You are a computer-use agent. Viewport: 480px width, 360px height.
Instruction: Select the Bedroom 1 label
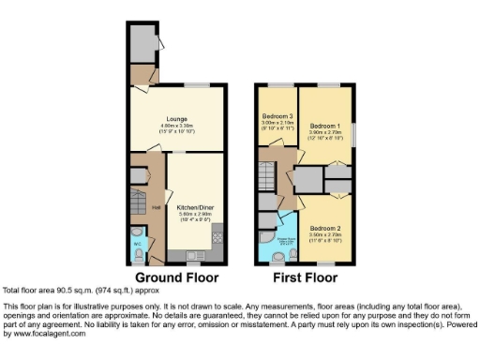323,126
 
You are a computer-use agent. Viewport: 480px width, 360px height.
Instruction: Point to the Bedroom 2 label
323,229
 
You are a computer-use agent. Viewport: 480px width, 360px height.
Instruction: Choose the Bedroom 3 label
277,116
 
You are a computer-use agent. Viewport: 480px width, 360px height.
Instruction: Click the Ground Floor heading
177,278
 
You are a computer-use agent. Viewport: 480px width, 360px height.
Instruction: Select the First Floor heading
306,278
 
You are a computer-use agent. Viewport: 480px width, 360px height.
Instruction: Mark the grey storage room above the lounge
143,42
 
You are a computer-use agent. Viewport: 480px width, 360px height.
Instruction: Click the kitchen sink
195,254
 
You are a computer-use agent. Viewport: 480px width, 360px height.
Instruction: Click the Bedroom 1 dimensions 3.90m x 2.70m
323,133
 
